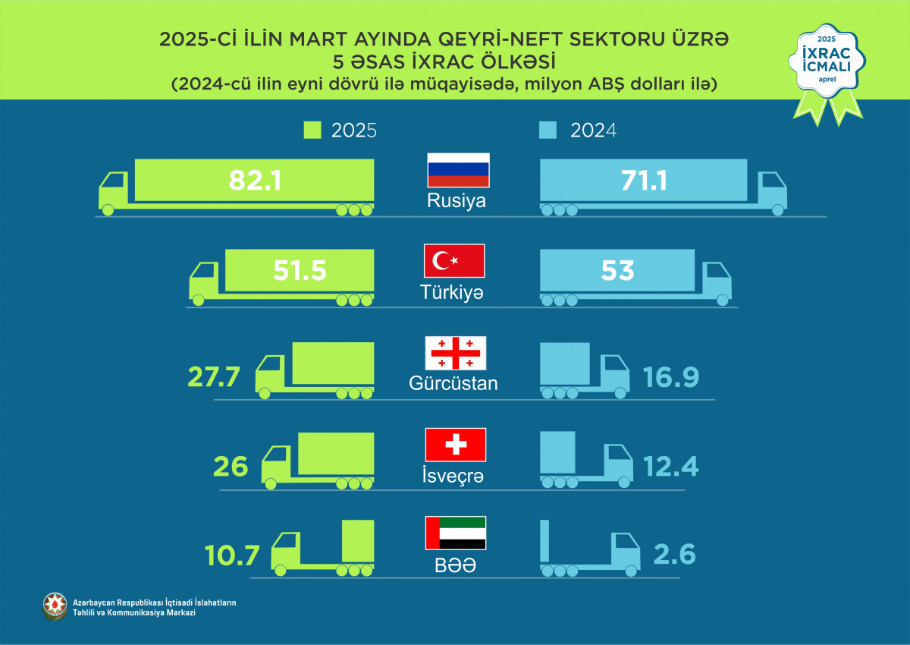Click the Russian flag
tap(458, 170)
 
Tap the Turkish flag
tap(453, 260)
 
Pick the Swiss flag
tap(455, 445)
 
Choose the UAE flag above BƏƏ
tap(456, 533)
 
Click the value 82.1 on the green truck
tap(255, 180)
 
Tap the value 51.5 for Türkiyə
tap(300, 270)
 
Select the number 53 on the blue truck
tap(617, 270)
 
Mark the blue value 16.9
tap(670, 376)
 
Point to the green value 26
tap(231, 466)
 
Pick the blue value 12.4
tap(670, 466)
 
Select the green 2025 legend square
tap(312, 131)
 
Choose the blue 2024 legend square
tap(551, 131)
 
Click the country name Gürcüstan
tap(453, 383)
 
